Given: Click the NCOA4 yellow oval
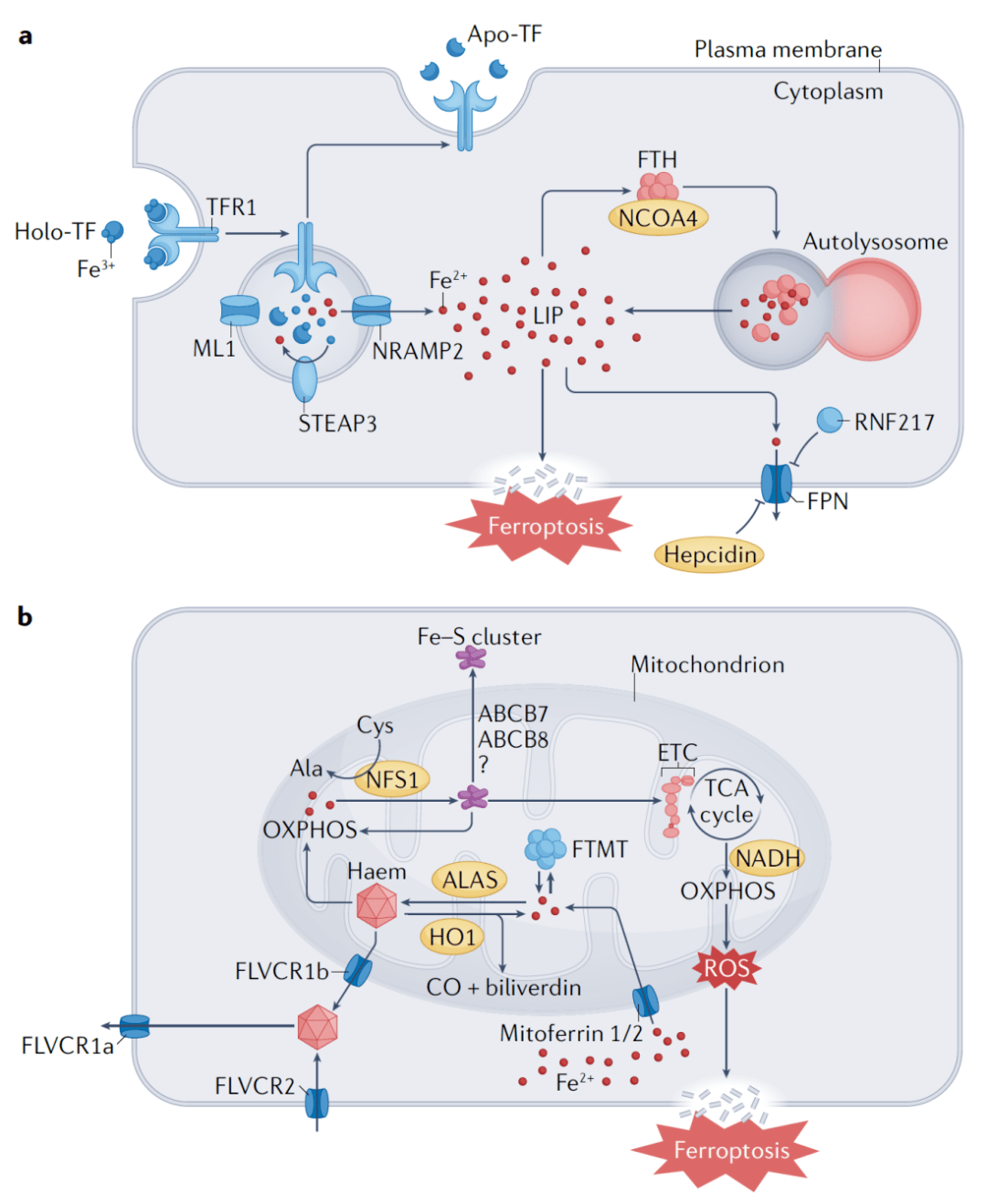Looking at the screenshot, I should click(658, 218).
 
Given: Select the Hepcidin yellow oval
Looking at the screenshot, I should click(709, 554).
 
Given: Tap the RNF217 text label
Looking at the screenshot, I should click(894, 421).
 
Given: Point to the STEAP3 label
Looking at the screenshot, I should click(337, 423).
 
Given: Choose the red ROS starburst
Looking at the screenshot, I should click(727, 969).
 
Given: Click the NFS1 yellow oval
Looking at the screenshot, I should click(392, 779).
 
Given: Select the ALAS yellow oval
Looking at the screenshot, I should click(470, 879).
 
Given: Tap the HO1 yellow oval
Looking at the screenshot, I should click(452, 937).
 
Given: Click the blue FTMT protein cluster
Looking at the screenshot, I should click(546, 847).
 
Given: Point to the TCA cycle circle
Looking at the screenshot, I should click(727, 802).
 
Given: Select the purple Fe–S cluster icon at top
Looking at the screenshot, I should click(472, 656).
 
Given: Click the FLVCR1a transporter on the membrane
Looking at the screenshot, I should click(134, 1027).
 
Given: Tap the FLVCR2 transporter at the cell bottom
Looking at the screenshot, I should click(317, 1103).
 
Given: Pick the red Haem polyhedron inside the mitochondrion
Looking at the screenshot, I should click(377, 906).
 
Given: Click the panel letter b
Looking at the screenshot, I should click(25, 617).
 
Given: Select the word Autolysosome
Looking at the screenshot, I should click(875, 241).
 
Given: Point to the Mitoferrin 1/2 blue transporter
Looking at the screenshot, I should click(645, 1000).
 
